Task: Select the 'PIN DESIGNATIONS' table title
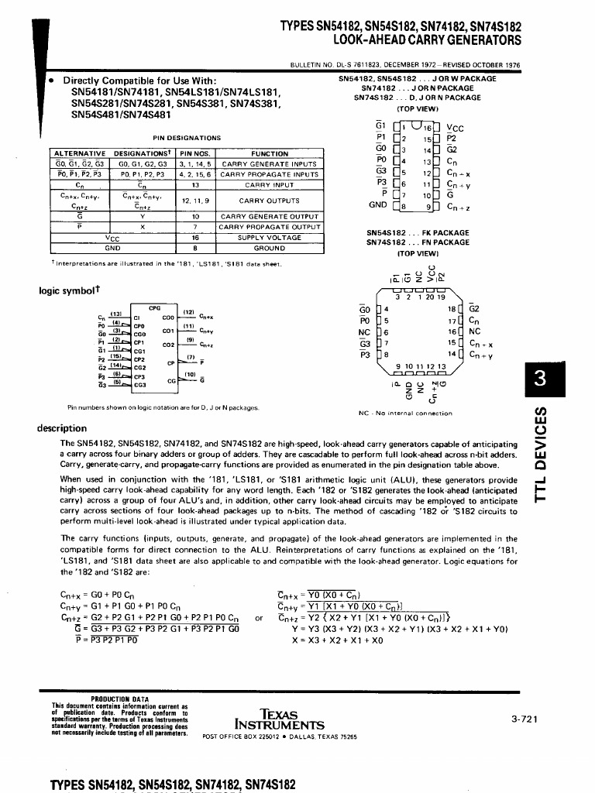coord(187,138)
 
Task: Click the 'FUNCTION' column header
coord(269,153)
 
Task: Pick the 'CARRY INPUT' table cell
coord(268,185)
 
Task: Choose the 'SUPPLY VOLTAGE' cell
coord(268,238)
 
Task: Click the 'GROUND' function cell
coord(268,248)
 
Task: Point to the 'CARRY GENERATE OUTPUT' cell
coord(268,216)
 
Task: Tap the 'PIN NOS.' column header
coord(195,153)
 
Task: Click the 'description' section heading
coord(62,428)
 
